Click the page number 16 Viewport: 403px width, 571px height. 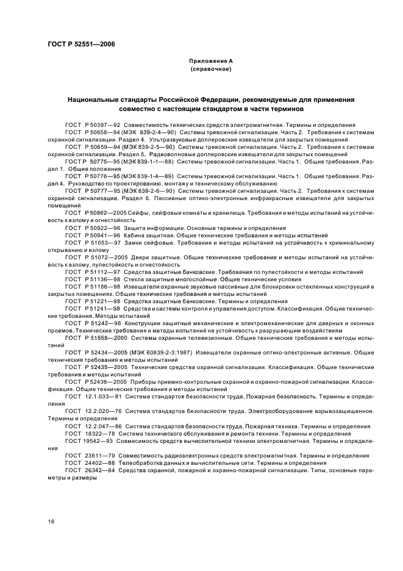(51, 521)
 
